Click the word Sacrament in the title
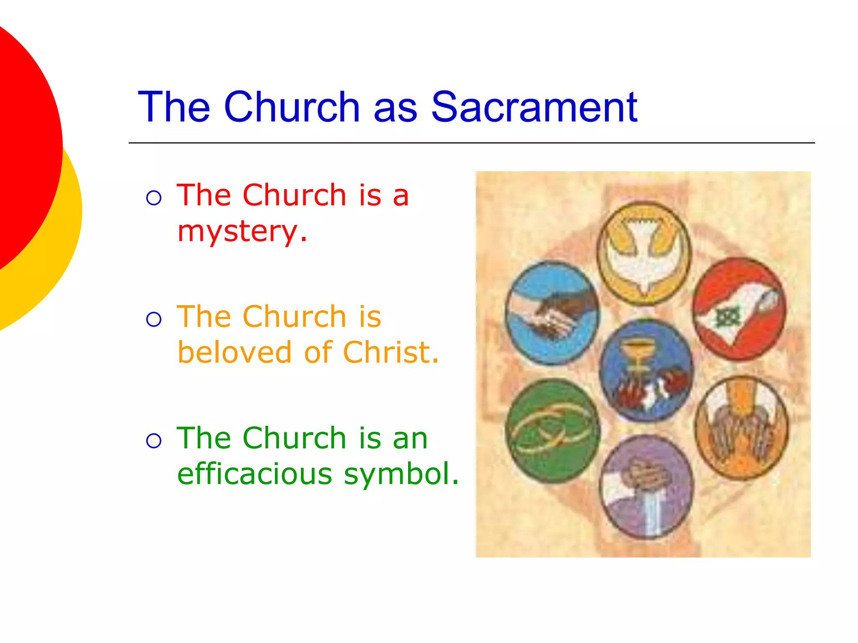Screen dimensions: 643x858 click(x=534, y=108)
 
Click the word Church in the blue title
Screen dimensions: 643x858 click(x=292, y=108)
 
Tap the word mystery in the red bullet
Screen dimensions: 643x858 click(x=237, y=231)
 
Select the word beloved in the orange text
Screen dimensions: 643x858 click(x=234, y=352)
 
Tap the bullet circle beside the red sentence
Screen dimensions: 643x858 click(x=154, y=197)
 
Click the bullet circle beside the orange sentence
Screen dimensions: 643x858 click(x=154, y=319)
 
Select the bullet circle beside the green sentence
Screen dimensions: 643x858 click(x=154, y=440)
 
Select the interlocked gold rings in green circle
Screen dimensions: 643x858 click(x=552, y=431)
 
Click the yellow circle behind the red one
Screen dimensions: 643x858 click(x=63, y=251)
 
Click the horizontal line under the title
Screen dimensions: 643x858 click(x=471, y=143)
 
